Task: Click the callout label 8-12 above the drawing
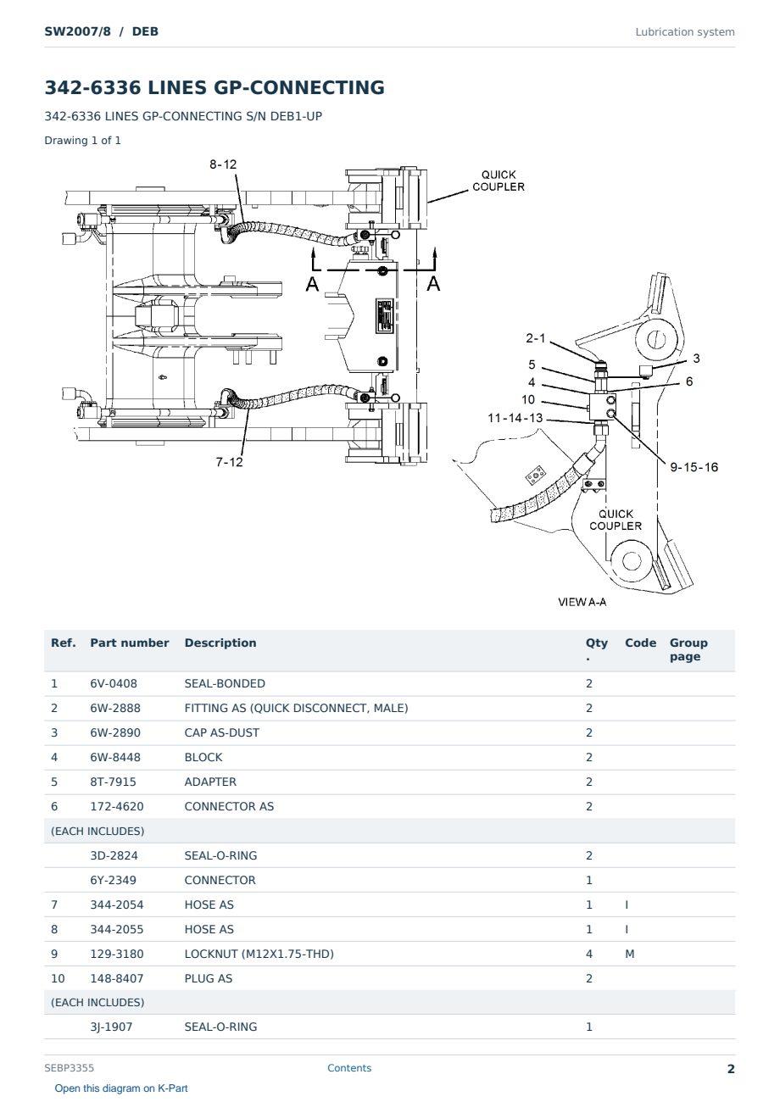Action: pyautogui.click(x=223, y=164)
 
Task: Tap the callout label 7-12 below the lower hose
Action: pyautogui.click(x=229, y=462)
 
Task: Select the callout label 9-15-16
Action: pyautogui.click(x=694, y=467)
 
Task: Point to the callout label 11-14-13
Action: pyautogui.click(x=515, y=418)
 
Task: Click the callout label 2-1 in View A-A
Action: pyautogui.click(x=536, y=338)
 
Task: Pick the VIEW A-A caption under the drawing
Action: pyautogui.click(x=582, y=602)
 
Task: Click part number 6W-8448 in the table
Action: pyautogui.click(x=115, y=757)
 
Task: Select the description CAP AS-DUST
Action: pyautogui.click(x=221, y=732)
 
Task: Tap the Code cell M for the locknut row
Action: pyautogui.click(x=629, y=954)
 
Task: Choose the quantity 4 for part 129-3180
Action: pyautogui.click(x=589, y=954)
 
